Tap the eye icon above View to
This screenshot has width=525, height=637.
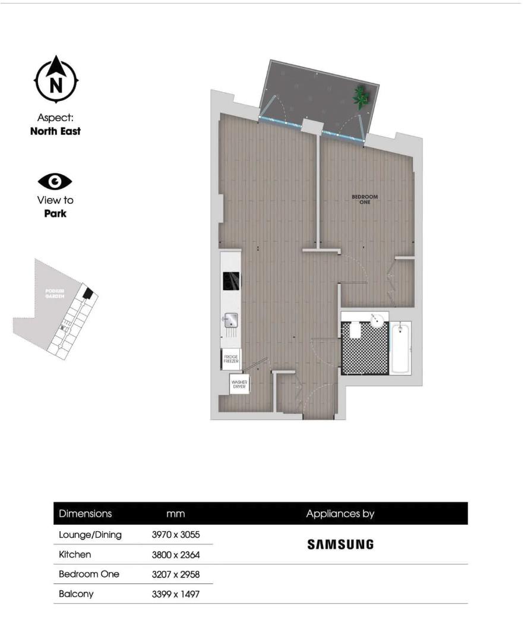point(55,181)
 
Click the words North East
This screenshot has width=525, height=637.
point(55,131)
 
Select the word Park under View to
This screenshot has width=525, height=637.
point(55,213)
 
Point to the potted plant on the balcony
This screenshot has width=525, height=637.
point(360,97)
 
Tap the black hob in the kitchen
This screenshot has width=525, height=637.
point(231,281)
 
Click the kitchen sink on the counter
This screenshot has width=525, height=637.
point(230,320)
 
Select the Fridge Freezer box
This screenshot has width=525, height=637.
point(231,359)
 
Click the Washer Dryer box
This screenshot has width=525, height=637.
point(239,384)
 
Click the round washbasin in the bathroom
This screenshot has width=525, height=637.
point(377,321)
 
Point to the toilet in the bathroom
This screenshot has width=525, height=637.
point(355,330)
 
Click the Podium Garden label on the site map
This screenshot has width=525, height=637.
point(55,294)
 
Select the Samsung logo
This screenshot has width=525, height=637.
point(340,544)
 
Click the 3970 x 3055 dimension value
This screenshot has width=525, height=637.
point(176,534)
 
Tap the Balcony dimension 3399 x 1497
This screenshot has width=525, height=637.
point(176,593)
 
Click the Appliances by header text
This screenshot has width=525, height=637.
point(340,513)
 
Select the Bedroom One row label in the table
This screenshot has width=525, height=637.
point(89,573)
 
